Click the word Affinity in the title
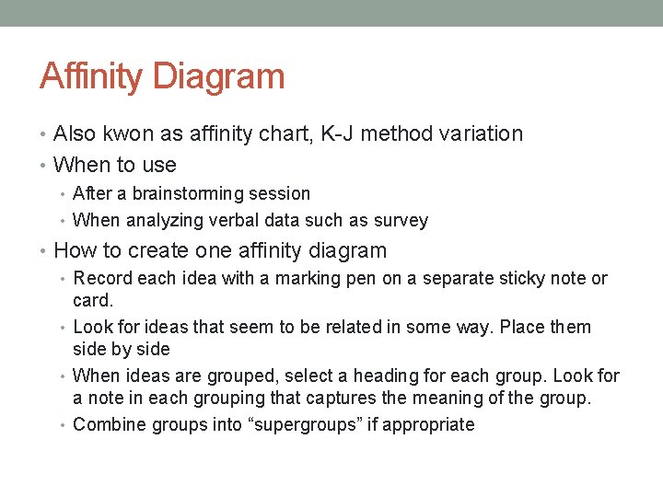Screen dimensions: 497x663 pyautogui.click(x=91, y=75)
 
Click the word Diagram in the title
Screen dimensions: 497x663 pyautogui.click(x=219, y=75)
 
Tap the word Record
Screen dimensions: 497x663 pyautogui.click(x=99, y=278)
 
